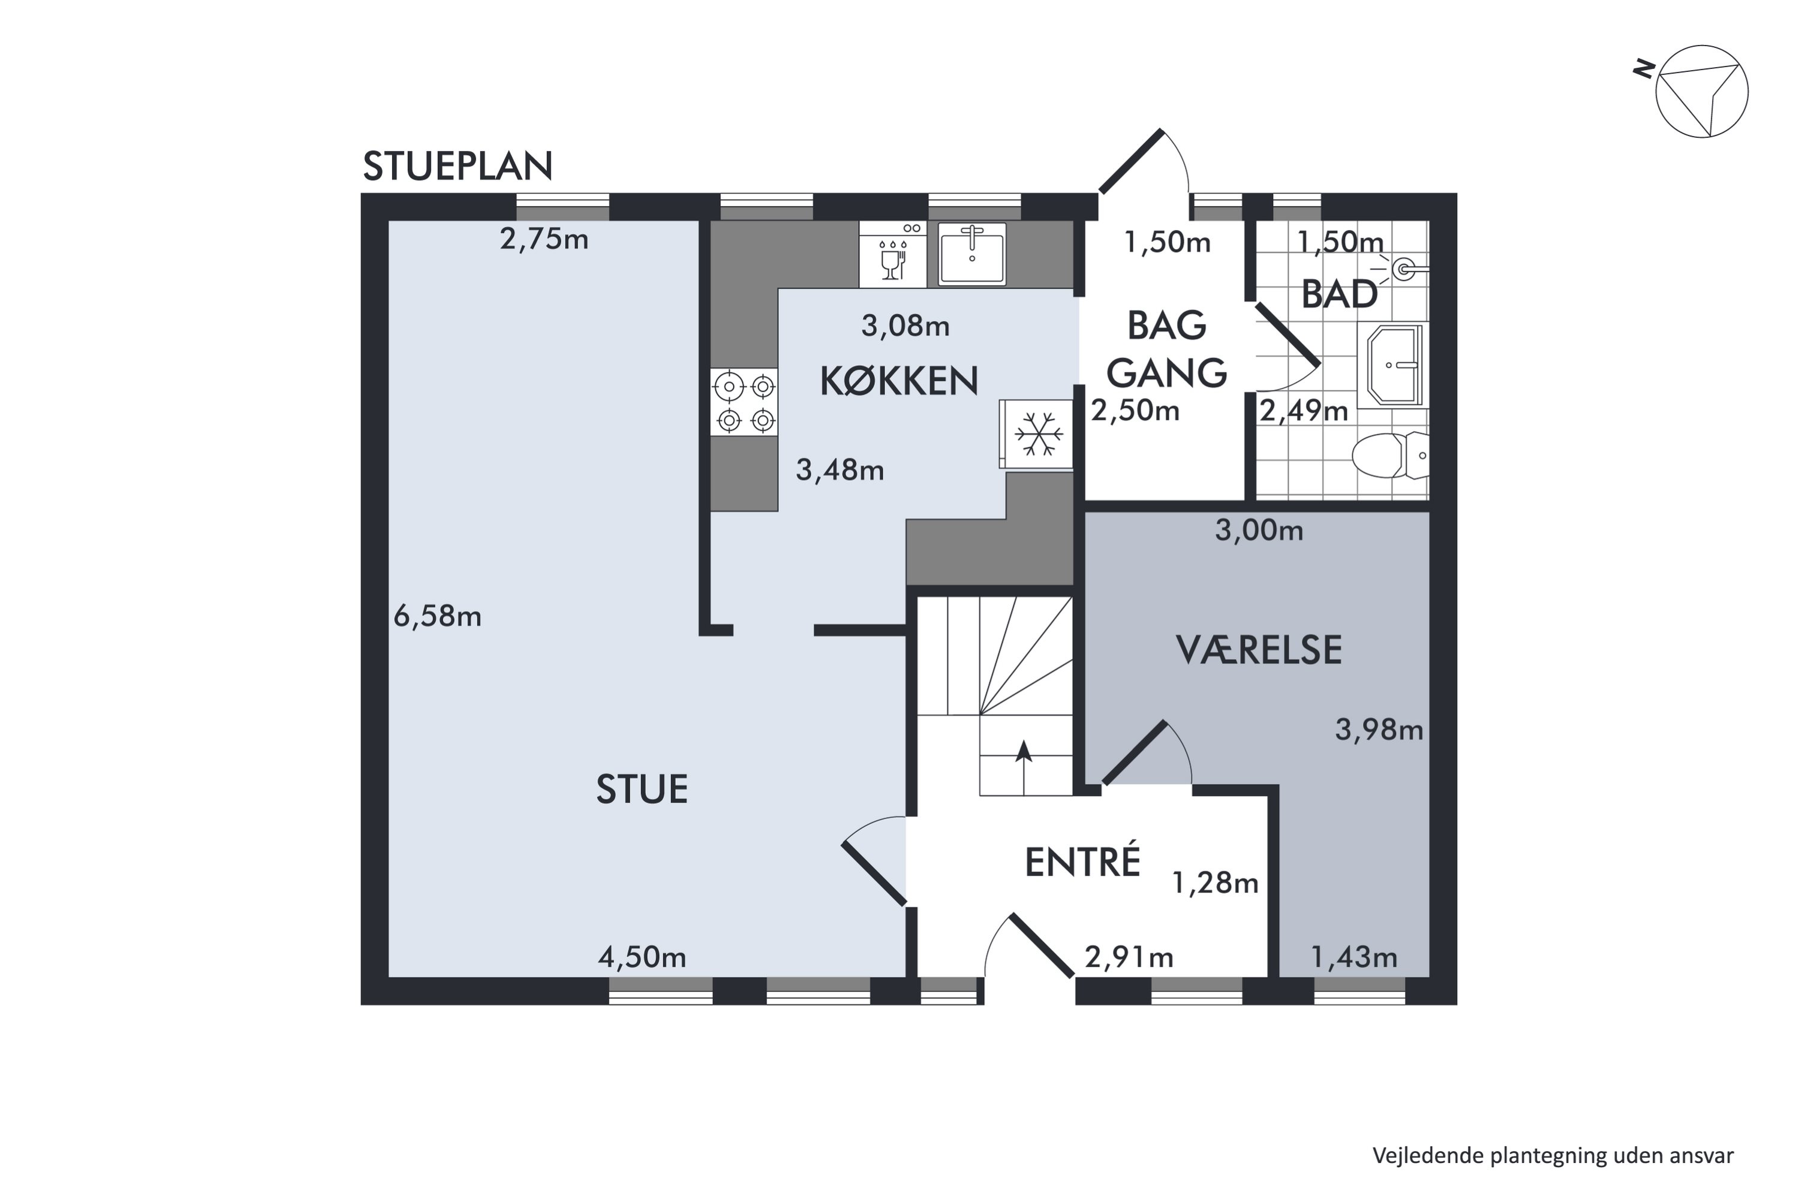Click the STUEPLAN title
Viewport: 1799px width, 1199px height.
coord(458,166)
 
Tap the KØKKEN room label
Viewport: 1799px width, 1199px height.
coord(899,381)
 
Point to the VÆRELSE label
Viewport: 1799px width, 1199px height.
coord(1258,650)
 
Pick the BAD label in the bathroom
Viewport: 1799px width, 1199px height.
coord(1339,294)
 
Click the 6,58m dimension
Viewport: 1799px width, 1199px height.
coord(438,616)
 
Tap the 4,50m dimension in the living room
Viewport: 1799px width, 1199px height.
coord(642,957)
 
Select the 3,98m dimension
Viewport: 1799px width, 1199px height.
coord(1379,730)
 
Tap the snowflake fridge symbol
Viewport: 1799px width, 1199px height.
coord(1037,433)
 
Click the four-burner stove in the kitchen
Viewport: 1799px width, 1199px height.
coord(744,402)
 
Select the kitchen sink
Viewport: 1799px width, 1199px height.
coord(972,254)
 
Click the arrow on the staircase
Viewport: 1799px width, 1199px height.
coord(1024,768)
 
